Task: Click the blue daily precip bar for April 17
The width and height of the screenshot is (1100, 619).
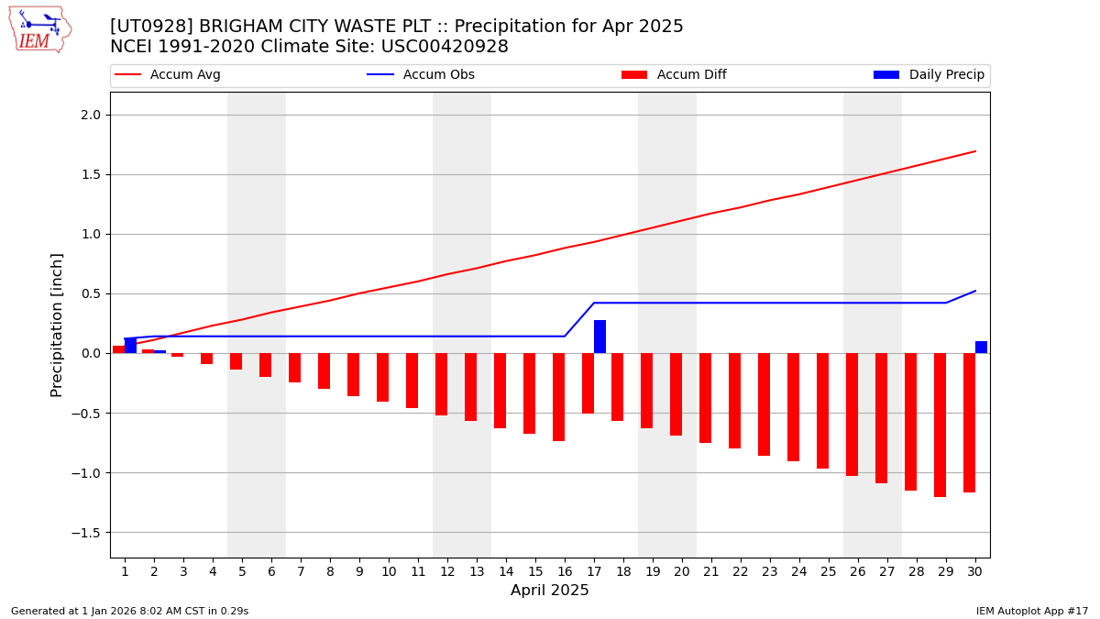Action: click(x=599, y=337)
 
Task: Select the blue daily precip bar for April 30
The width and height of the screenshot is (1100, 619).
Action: click(x=981, y=348)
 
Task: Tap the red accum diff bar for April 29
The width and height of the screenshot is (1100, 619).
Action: click(x=940, y=425)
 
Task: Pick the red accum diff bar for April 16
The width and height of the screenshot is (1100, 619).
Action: click(x=558, y=397)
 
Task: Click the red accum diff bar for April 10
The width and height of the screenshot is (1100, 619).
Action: click(x=382, y=377)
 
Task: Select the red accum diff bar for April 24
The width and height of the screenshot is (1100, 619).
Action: click(x=793, y=407)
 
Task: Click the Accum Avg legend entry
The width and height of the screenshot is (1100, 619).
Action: click(x=168, y=75)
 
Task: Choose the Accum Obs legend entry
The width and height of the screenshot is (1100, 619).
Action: click(x=421, y=75)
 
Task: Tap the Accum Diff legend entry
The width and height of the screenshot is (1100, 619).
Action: click(x=674, y=75)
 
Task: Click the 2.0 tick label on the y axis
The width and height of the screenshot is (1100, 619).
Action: click(x=91, y=115)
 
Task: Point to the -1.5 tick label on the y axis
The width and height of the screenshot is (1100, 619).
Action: click(x=87, y=532)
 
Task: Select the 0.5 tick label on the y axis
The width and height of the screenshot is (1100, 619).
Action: click(x=91, y=293)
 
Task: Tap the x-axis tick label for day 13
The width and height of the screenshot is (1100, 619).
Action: click(x=477, y=571)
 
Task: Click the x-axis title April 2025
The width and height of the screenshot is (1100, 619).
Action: click(x=550, y=591)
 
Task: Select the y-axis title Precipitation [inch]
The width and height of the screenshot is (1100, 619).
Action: click(x=57, y=325)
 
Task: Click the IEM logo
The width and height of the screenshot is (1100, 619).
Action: click(x=39, y=29)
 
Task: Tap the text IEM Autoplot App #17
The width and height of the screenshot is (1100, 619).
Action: click(x=1031, y=611)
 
